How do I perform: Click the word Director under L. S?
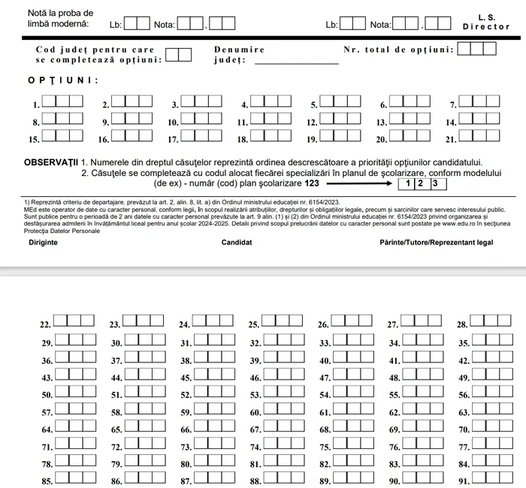point(486,26)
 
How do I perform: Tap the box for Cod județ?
point(178,54)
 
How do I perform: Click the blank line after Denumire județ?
point(297,62)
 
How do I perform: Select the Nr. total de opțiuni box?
point(476,49)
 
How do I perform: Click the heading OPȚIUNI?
point(63,80)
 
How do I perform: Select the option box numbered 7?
point(479,102)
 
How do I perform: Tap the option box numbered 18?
point(270,137)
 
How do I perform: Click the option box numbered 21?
point(479,137)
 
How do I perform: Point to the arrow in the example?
point(359,183)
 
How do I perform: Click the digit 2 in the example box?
point(421,183)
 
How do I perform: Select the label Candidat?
point(237,243)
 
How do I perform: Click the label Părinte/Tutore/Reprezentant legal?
point(437,243)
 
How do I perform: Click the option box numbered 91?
point(491,478)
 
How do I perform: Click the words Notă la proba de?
point(60,13)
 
